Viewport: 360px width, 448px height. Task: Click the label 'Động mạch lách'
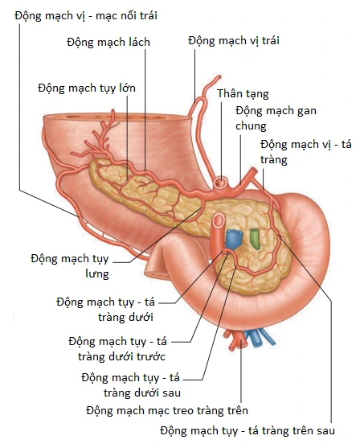108,43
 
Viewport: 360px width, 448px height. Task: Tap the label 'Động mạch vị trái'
234,40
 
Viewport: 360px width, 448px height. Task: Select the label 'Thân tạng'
243,94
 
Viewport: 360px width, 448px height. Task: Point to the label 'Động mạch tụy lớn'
87,88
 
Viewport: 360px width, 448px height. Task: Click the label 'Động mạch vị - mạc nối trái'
86,15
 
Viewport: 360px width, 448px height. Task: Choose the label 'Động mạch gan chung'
276,118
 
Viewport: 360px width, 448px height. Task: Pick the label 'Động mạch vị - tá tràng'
305,152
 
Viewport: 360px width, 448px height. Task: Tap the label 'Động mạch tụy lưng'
70,266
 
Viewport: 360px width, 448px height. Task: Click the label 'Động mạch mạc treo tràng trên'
167,410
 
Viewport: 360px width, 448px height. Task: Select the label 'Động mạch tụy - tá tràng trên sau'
247,430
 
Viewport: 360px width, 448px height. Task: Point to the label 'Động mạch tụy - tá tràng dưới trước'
117,349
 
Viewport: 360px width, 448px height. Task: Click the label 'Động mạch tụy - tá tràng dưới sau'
131,385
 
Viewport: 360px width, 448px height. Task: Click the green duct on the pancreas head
255,238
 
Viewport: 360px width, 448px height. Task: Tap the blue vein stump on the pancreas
234,240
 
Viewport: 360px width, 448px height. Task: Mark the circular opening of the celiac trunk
221,182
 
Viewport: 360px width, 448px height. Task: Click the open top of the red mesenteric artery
219,220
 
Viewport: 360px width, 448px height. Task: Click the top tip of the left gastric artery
219,76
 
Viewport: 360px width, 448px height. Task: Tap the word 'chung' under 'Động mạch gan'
251,125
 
